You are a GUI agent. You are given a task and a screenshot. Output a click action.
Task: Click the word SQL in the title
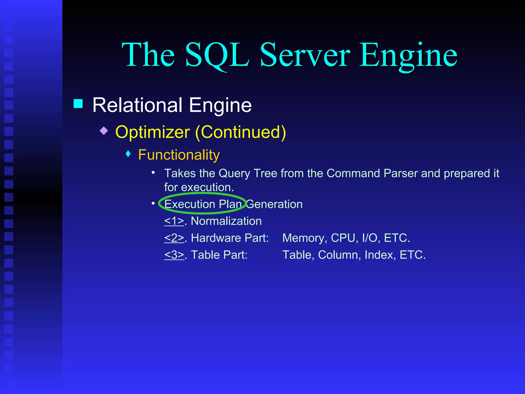tap(217, 55)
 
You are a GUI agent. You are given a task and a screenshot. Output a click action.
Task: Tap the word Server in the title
tap(305, 55)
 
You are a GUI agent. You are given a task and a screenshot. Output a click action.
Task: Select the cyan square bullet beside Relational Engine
tap(78, 104)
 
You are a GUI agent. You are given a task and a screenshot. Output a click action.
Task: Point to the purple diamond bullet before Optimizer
tap(104, 131)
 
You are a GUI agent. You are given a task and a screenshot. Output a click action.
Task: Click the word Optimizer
tap(153, 132)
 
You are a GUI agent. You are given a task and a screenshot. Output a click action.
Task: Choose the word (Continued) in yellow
tap(240, 132)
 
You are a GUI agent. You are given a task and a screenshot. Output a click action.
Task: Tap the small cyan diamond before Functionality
tap(128, 154)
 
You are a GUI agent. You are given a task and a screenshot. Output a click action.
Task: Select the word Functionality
tap(179, 155)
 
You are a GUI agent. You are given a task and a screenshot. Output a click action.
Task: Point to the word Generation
tap(274, 204)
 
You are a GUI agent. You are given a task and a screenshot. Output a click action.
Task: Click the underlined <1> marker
tap(174, 221)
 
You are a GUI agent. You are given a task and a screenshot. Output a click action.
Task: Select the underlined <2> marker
tap(174, 238)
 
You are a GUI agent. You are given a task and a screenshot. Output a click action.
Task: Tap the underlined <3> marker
tap(174, 255)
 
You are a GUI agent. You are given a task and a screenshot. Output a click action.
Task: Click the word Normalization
tap(226, 221)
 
